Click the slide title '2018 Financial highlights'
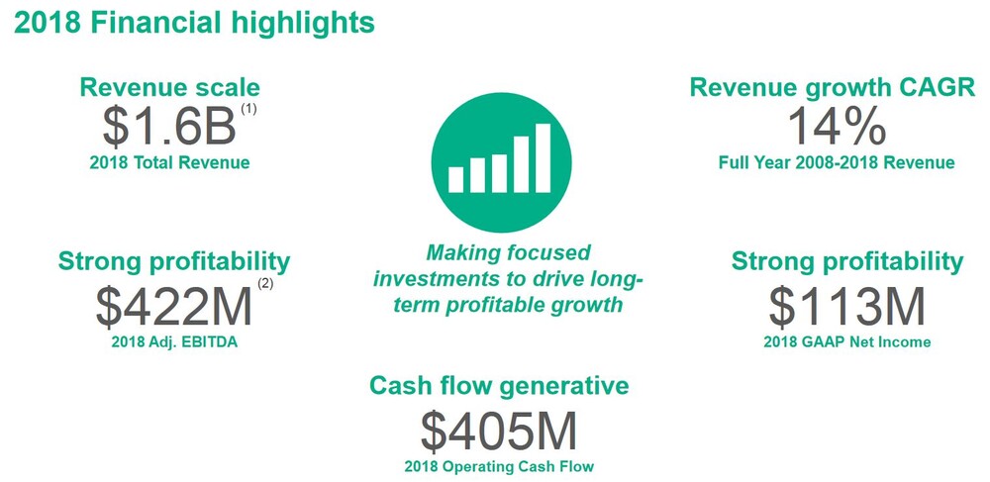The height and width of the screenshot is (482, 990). pyautogui.click(x=194, y=24)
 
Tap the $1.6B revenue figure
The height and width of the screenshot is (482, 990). pyautogui.click(x=169, y=128)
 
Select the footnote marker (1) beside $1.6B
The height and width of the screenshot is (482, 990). pyautogui.click(x=248, y=109)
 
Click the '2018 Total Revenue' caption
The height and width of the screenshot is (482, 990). pyautogui.click(x=170, y=162)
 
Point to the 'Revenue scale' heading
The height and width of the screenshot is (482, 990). pyautogui.click(x=170, y=88)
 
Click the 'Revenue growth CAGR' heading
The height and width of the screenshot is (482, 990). pyautogui.click(x=833, y=88)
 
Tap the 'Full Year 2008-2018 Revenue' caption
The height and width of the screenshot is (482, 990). pyautogui.click(x=837, y=162)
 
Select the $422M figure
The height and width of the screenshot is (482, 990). pyautogui.click(x=174, y=307)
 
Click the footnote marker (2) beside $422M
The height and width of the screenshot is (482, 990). pyautogui.click(x=265, y=284)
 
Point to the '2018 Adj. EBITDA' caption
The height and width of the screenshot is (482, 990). pyautogui.click(x=174, y=343)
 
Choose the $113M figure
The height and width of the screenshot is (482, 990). pyautogui.click(x=846, y=307)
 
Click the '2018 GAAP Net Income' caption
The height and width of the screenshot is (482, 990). pyautogui.click(x=847, y=341)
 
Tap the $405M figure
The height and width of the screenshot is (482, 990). pyautogui.click(x=499, y=432)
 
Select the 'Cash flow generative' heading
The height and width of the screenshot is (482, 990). pyautogui.click(x=499, y=386)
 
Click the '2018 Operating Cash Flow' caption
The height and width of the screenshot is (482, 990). pyautogui.click(x=499, y=467)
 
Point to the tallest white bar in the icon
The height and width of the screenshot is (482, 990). pyautogui.click(x=543, y=157)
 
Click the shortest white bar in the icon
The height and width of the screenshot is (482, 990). pyautogui.click(x=455, y=180)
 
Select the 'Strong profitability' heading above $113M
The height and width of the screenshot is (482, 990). pyautogui.click(x=847, y=261)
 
